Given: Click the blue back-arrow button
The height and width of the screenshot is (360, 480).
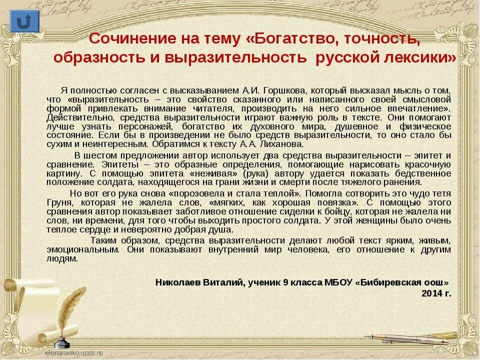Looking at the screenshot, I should pos(23,21).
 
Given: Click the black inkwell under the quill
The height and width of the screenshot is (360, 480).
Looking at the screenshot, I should pos(61,343).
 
